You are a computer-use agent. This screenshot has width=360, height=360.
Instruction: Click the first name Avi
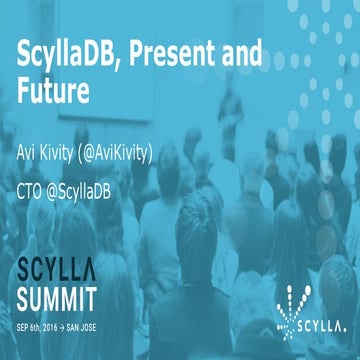(31, 156)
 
